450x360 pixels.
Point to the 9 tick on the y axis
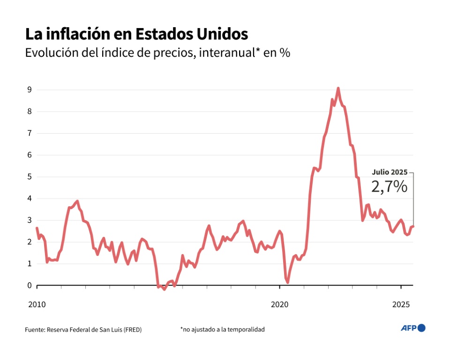29,90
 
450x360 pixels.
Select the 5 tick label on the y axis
29,177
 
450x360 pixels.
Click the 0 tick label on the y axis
29,285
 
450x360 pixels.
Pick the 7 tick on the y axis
29,133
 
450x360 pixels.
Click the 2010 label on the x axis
37,305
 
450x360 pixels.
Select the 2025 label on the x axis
401,305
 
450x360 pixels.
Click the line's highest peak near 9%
338,88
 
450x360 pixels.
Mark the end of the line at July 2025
413,227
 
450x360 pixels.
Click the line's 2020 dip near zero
287,282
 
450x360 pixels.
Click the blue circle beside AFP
421,328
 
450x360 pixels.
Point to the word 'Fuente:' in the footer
35,330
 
